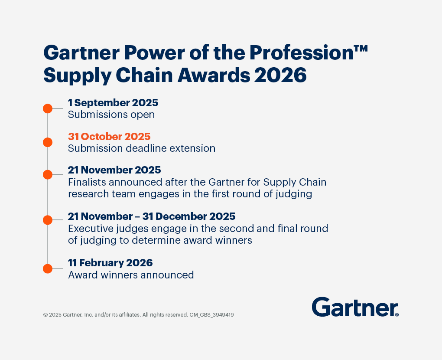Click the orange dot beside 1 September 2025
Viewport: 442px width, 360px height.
point(48,108)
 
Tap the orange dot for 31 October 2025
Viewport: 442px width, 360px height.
point(48,142)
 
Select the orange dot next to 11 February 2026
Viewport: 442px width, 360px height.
point(48,268)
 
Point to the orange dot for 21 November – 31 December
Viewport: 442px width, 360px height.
point(48,220)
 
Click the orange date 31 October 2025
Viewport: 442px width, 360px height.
point(109,137)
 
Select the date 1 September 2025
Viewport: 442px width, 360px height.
point(113,103)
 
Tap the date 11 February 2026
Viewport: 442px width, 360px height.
point(110,263)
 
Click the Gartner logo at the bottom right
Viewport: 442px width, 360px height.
point(355,307)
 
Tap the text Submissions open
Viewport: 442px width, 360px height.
point(111,115)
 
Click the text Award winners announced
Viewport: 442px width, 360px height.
point(131,275)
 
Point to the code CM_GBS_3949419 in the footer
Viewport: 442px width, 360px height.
point(211,315)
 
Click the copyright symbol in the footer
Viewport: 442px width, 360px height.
point(45,315)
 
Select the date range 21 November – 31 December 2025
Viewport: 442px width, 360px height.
point(152,216)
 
